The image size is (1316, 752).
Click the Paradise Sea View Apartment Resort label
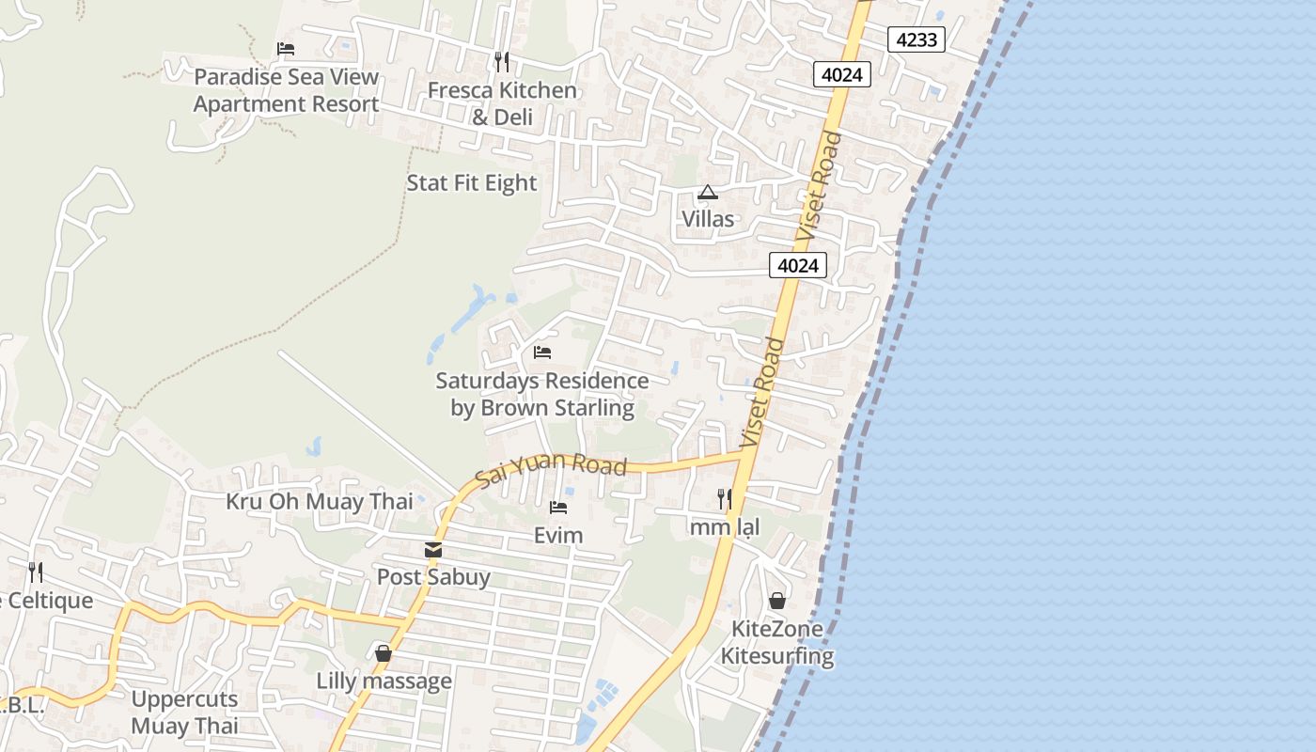tap(286, 90)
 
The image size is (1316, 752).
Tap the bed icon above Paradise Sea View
tap(286, 49)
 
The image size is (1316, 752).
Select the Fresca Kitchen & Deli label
tap(502, 103)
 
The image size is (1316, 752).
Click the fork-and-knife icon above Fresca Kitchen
tap(502, 62)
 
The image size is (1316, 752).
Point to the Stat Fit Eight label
tap(472, 183)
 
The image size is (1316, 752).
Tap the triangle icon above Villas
tap(708, 193)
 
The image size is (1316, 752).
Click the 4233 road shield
tap(916, 39)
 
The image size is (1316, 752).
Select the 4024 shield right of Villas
tap(798, 266)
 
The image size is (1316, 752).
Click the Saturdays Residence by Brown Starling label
tap(542, 395)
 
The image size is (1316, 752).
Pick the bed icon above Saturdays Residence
tap(542, 352)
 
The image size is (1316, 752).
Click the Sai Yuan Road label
tap(551, 467)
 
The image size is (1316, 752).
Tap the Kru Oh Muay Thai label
tap(320, 502)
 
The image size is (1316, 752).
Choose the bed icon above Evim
tap(558, 508)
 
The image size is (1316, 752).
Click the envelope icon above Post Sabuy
tap(433, 549)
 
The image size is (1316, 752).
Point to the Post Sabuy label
tap(433, 576)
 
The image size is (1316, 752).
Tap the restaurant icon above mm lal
tap(725, 499)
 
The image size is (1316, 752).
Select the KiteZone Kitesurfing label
tap(777, 643)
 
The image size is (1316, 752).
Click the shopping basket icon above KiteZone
tap(777, 601)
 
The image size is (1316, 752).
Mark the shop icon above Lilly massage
tap(384, 652)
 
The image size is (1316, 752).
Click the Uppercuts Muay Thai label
tap(184, 713)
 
